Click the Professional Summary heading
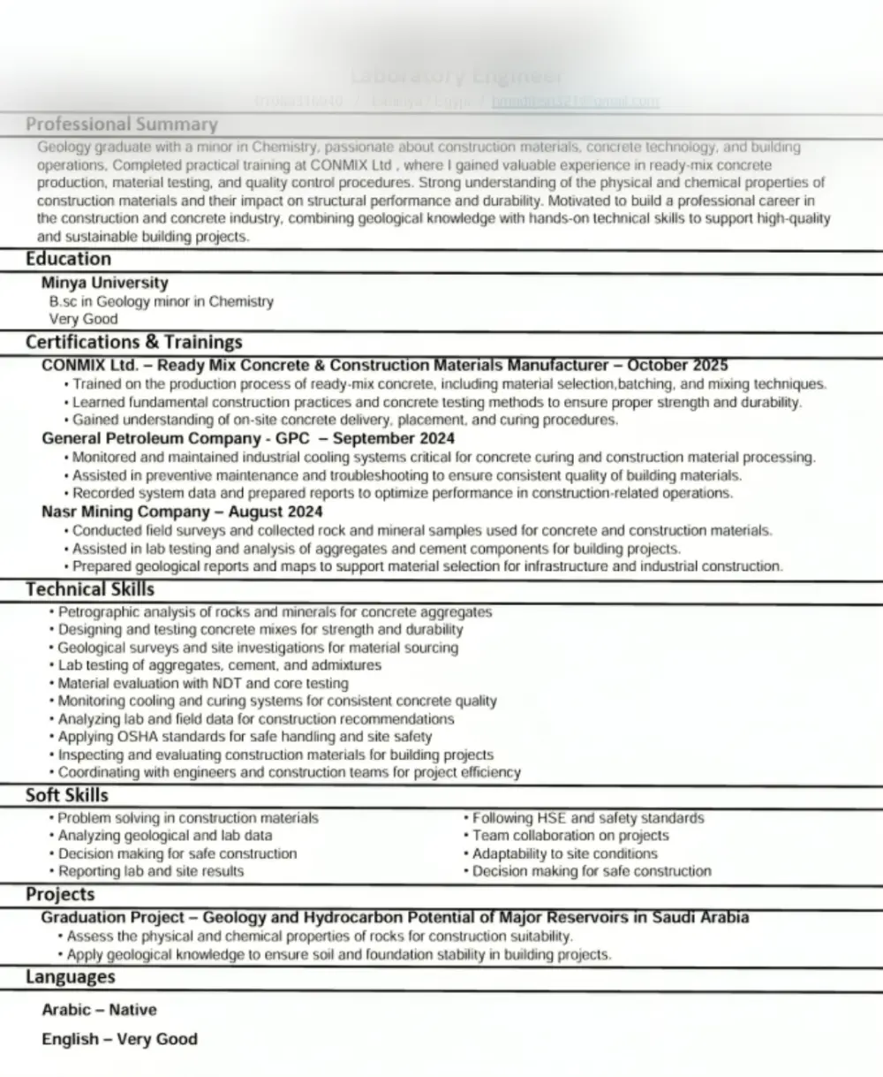(121, 125)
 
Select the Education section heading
(68, 259)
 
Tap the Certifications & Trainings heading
(133, 342)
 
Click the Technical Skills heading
(89, 589)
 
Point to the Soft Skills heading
(67, 795)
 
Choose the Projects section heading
(60, 894)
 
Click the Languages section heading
(70, 976)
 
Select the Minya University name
(104, 283)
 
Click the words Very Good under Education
(83, 319)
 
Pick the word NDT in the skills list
(227, 683)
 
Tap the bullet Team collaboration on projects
(570, 835)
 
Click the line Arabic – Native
(99, 1009)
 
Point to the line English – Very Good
(119, 1039)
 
